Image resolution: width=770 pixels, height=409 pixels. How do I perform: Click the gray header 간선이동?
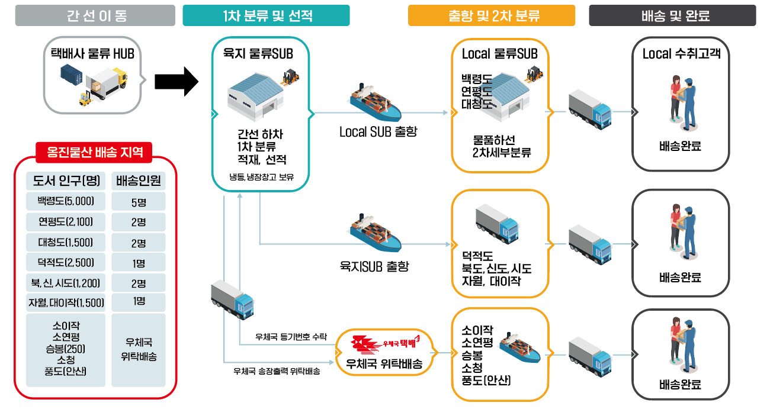(95, 15)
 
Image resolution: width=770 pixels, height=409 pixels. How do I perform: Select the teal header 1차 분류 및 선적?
(266, 15)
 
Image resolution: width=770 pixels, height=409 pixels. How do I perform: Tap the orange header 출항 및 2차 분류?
(491, 15)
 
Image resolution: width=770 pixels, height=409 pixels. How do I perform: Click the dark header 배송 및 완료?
(672, 15)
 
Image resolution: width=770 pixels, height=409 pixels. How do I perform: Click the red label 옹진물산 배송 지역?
(95, 152)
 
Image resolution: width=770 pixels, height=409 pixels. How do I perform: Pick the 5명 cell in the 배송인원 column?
(139, 202)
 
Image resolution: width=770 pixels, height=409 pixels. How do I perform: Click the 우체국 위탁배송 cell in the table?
(139, 350)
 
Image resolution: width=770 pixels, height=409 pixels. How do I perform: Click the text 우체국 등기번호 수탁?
(290, 337)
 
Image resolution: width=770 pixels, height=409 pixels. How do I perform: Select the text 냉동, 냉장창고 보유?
(261, 176)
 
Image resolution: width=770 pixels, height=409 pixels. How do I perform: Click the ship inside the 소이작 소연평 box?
(520, 349)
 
